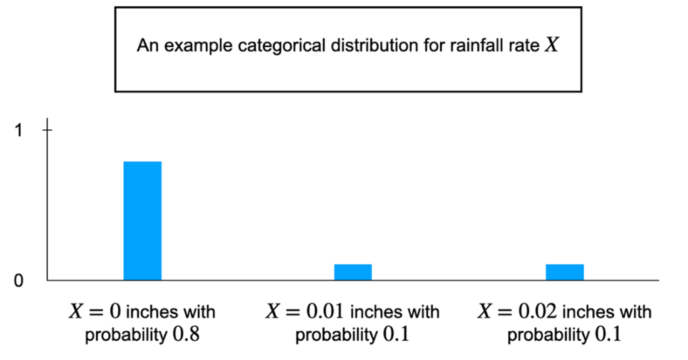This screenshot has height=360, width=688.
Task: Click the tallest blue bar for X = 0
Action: [142, 220]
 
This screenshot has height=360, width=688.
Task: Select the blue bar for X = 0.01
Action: [353, 272]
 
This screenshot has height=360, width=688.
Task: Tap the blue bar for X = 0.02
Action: [564, 272]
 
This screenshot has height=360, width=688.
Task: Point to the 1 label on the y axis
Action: [19, 130]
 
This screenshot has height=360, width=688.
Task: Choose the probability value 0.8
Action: [188, 335]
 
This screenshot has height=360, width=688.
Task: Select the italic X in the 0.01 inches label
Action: [273, 311]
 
